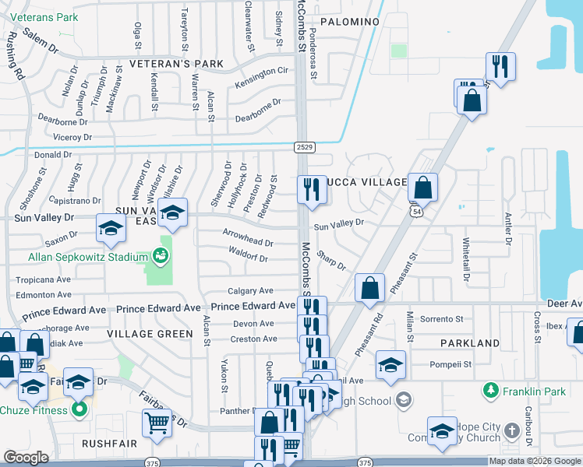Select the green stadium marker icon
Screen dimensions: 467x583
coord(161,255)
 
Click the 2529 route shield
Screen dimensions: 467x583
coord(305,146)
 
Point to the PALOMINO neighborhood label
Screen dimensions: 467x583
coord(348,22)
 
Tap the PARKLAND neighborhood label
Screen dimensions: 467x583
coord(469,343)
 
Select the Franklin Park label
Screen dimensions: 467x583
coord(535,391)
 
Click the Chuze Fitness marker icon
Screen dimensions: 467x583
coord(79,409)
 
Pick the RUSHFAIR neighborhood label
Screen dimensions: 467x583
coord(110,443)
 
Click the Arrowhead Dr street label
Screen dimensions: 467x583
coord(248,243)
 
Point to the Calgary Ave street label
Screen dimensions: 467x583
coord(251,290)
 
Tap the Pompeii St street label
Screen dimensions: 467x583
coord(451,363)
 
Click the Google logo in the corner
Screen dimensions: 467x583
coord(26,458)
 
